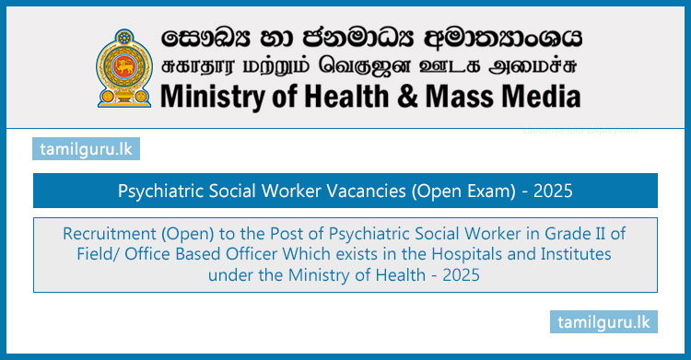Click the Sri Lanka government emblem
[123, 66]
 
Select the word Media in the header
[545, 96]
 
